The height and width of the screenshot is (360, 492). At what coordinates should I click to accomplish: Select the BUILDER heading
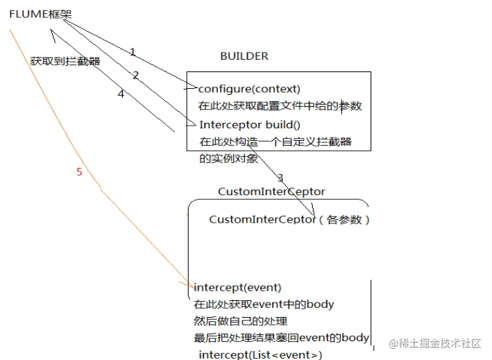tap(244, 56)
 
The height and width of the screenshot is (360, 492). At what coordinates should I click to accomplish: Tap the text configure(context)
tap(249, 89)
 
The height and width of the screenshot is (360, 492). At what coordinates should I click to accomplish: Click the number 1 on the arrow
tap(133, 52)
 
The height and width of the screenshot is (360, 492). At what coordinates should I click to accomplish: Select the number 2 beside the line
tap(136, 75)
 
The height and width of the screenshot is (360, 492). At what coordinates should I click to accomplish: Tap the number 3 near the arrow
tap(280, 178)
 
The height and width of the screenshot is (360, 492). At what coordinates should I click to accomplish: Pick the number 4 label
tap(121, 94)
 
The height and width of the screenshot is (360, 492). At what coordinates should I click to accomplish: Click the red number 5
tap(79, 171)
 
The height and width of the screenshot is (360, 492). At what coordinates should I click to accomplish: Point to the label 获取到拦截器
tap(65, 61)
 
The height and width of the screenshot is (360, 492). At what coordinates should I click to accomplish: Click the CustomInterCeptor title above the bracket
tap(271, 191)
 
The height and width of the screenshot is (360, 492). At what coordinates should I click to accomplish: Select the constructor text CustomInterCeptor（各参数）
tap(289, 219)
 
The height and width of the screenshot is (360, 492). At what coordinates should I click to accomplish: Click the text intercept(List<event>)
tap(261, 354)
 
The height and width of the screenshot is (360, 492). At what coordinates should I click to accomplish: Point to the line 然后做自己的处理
tap(240, 321)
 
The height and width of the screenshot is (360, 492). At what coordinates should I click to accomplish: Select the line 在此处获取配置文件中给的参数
tap(280, 106)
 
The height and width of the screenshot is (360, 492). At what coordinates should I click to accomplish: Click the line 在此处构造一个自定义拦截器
tap(275, 142)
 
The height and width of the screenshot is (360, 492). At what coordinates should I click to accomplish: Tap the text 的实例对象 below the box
tap(229, 159)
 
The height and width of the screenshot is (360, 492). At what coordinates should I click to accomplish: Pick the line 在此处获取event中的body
tap(264, 304)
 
